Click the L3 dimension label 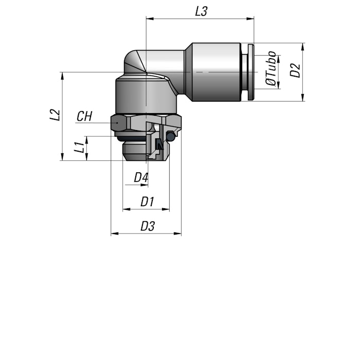(201, 11)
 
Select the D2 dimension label (295, 70)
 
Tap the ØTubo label (271, 68)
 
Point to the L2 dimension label (55, 115)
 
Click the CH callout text (84, 116)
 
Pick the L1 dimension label (79, 147)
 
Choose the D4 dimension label (141, 177)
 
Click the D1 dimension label (147, 202)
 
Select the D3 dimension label (148, 226)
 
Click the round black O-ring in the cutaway (170, 136)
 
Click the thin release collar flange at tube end (251, 72)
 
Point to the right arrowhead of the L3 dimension (250, 19)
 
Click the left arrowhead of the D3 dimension (115, 233)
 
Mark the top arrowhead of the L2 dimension (62, 76)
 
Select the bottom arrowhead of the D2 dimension (303, 97)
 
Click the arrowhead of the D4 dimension (144, 185)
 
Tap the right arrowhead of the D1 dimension (166, 209)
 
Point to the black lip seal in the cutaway (159, 144)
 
